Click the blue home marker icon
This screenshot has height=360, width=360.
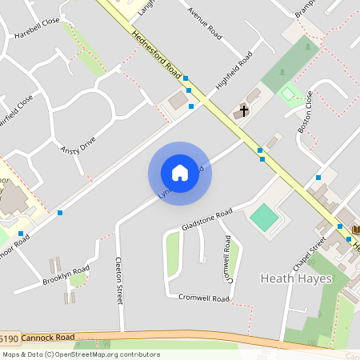(x=180, y=173)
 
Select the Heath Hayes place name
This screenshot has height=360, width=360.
(x=294, y=278)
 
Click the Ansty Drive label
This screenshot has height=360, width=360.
(x=78, y=145)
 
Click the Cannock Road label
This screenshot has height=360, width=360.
(x=47, y=338)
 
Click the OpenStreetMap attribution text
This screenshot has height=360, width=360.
(x=80, y=354)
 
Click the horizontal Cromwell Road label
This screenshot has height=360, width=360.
(x=204, y=298)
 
